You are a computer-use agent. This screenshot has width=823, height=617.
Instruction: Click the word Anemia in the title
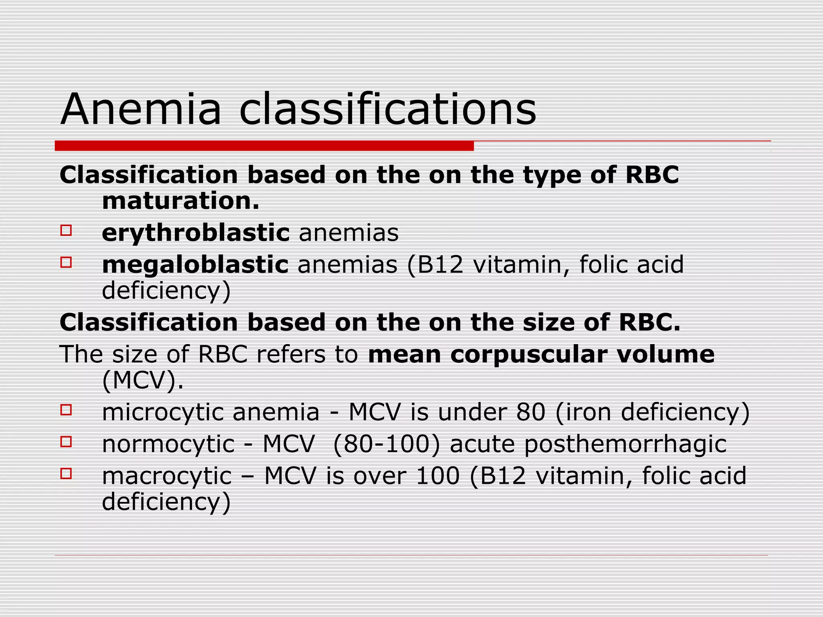[x=141, y=109]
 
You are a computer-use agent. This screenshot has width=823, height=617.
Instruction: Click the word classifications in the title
[x=387, y=109]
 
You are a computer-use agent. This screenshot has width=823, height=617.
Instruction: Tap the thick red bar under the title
[x=264, y=146]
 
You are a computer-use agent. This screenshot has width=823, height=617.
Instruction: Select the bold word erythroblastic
[x=196, y=233]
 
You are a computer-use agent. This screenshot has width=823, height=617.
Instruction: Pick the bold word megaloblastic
[x=195, y=265]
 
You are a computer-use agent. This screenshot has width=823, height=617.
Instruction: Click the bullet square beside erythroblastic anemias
[x=66, y=231]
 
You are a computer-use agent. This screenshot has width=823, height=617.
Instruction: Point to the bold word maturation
[x=180, y=201]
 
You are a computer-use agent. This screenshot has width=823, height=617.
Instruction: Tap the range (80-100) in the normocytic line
[x=387, y=444]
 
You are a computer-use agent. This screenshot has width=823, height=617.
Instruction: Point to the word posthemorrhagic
[x=625, y=444]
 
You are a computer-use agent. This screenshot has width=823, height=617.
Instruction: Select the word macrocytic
[x=167, y=476]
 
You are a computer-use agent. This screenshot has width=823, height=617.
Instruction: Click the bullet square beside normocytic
[x=66, y=442]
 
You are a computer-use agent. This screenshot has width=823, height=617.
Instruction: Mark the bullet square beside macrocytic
[x=66, y=474]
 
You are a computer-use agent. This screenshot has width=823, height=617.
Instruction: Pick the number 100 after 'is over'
[x=438, y=476]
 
